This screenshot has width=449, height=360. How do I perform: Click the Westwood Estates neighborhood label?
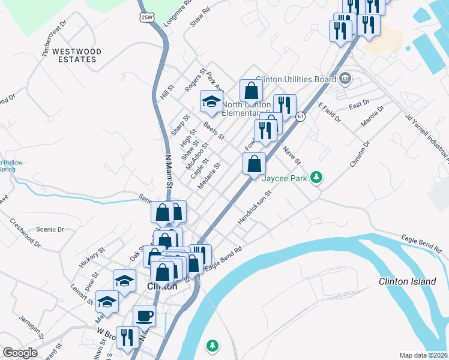[x=76, y=55]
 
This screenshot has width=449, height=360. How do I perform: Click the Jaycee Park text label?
[x=286, y=178]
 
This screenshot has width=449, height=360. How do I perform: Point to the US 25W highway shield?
[x=146, y=17]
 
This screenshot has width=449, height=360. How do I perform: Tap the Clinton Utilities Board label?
[x=295, y=79]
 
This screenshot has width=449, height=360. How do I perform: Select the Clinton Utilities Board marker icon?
[x=345, y=78]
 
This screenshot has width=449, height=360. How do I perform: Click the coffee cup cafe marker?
[x=144, y=315]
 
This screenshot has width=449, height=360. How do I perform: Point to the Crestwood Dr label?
[x=25, y=232]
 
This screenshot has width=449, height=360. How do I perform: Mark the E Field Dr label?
[x=329, y=112]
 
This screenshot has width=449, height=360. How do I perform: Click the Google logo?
[x=20, y=353]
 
